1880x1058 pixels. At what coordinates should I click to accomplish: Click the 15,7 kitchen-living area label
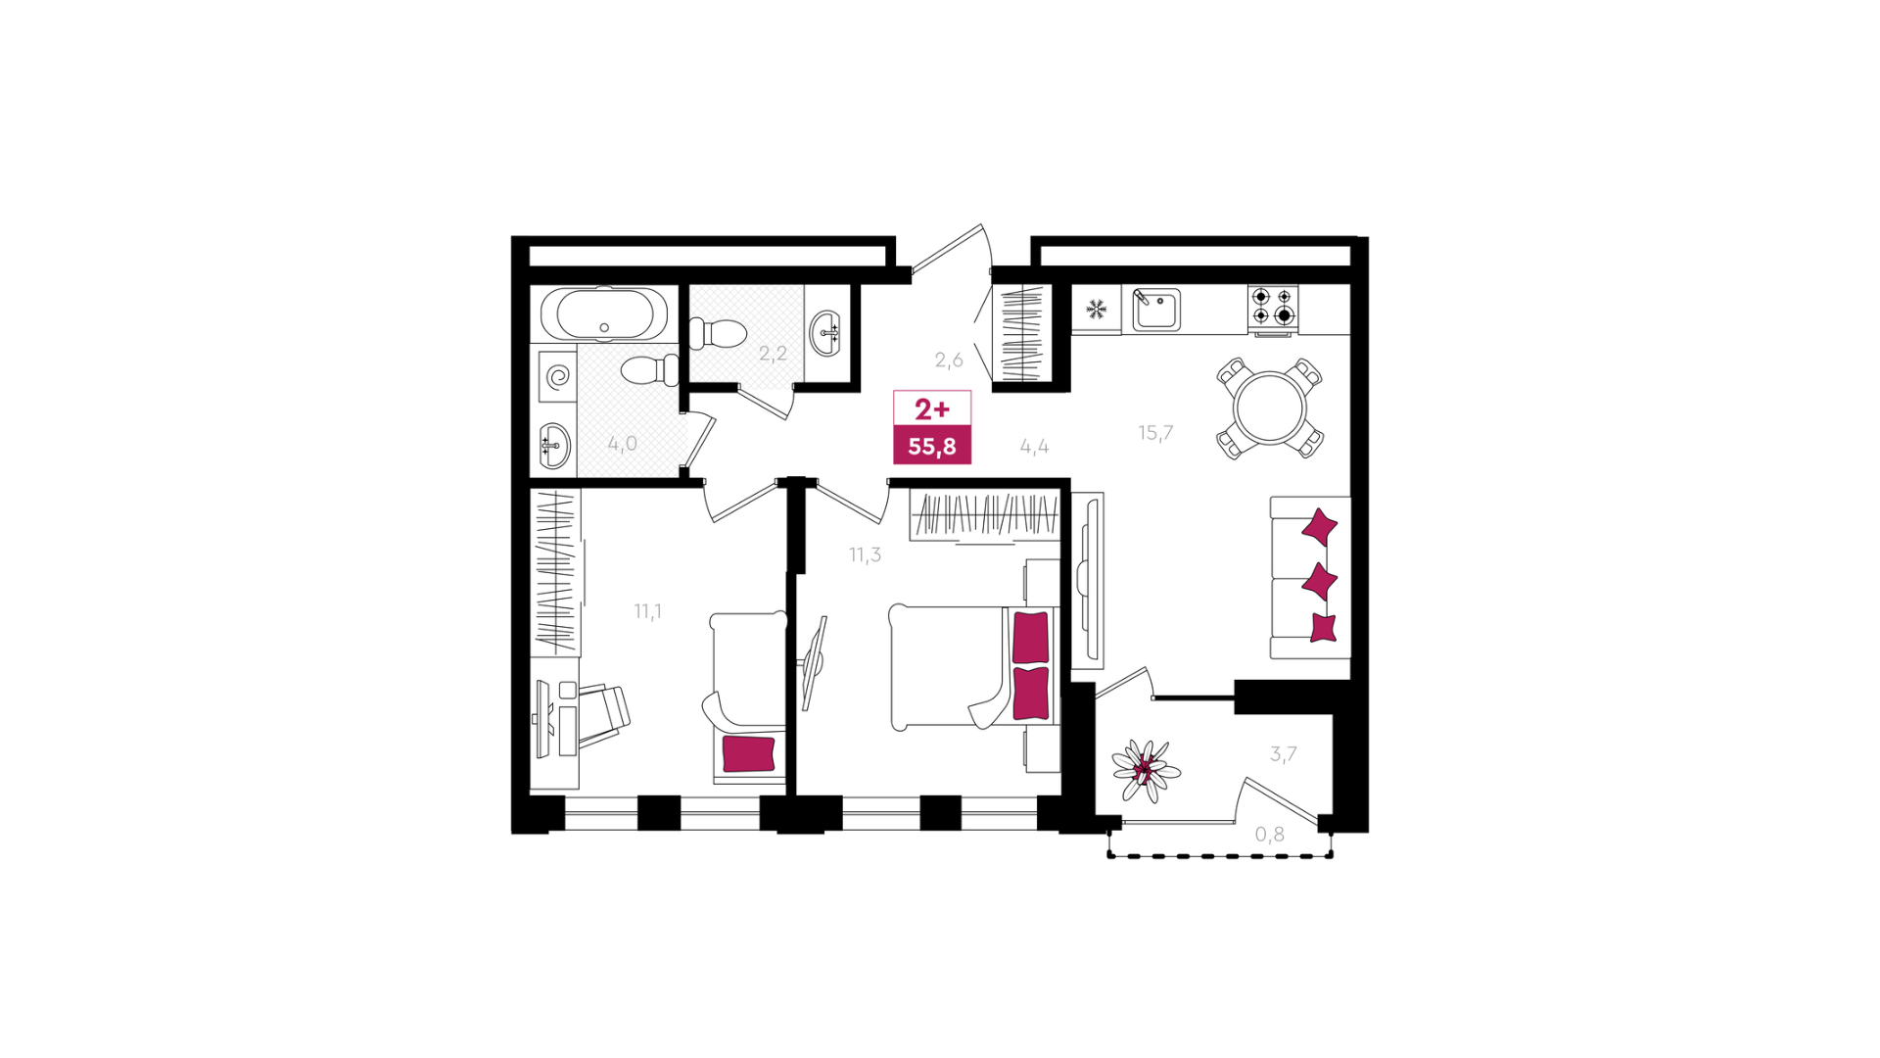point(1155,432)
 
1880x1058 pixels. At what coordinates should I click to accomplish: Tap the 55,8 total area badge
point(932,446)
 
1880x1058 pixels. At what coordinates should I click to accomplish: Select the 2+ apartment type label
point(932,409)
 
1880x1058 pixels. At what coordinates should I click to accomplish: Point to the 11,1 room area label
point(647,611)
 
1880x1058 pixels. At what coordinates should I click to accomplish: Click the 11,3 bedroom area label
point(865,554)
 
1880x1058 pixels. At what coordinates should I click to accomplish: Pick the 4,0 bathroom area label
point(622,443)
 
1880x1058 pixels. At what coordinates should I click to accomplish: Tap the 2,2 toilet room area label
point(773,353)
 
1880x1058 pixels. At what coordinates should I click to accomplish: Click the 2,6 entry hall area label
point(949,360)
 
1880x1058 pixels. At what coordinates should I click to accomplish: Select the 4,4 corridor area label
point(1034,446)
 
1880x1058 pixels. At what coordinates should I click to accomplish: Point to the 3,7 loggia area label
point(1283,753)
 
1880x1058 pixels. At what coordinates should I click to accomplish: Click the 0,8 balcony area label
point(1270,834)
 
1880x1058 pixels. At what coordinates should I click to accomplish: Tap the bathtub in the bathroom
point(605,314)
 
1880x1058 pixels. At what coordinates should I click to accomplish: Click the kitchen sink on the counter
point(1155,310)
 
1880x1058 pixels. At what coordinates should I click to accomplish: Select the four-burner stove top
point(1273,306)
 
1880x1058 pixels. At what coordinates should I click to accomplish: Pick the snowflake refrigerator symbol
point(1097,309)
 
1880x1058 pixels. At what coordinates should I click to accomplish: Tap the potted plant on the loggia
point(1146,770)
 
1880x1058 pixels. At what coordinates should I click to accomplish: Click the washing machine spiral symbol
point(558,377)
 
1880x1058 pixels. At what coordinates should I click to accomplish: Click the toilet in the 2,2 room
point(718,334)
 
